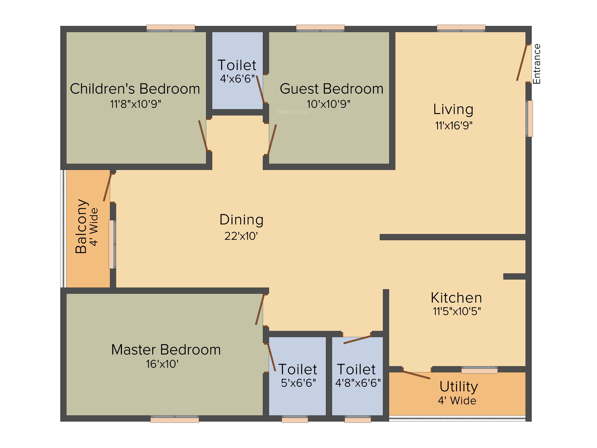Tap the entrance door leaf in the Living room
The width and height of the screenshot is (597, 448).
click(522, 63)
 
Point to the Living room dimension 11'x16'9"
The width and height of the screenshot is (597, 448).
click(454, 126)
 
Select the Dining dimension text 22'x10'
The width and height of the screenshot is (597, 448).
click(241, 236)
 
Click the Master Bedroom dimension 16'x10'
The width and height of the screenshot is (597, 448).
click(162, 364)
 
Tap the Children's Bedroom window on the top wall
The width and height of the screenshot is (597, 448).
click(171, 28)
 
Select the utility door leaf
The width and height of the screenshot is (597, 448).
click(416, 375)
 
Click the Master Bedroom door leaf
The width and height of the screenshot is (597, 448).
click(260, 309)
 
